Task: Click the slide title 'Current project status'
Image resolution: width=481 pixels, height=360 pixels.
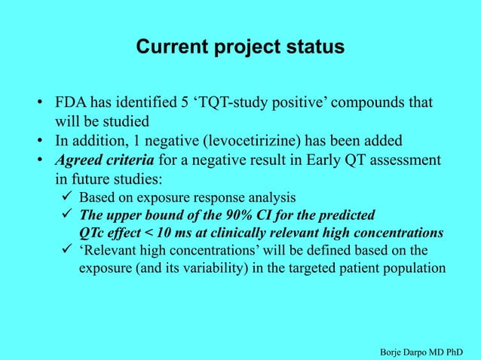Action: pyautogui.click(x=240, y=47)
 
